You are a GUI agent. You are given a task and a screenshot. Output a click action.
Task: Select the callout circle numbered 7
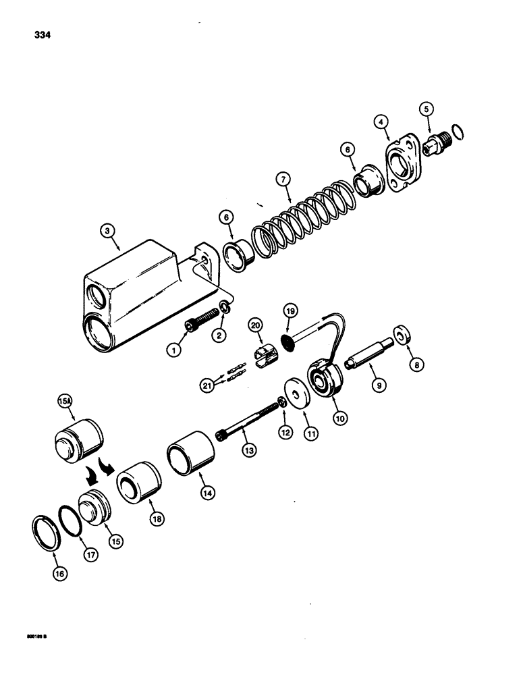(x=284, y=181)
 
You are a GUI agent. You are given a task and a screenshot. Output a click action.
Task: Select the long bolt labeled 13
(x=249, y=422)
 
